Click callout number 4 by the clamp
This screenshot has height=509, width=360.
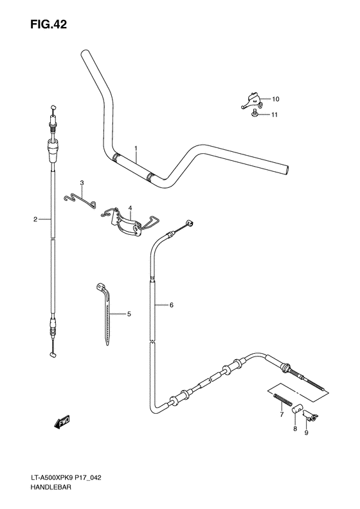pyautogui.click(x=129, y=208)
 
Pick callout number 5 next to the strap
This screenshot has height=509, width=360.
pyautogui.click(x=129, y=314)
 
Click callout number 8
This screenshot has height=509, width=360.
pyautogui.click(x=295, y=428)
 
